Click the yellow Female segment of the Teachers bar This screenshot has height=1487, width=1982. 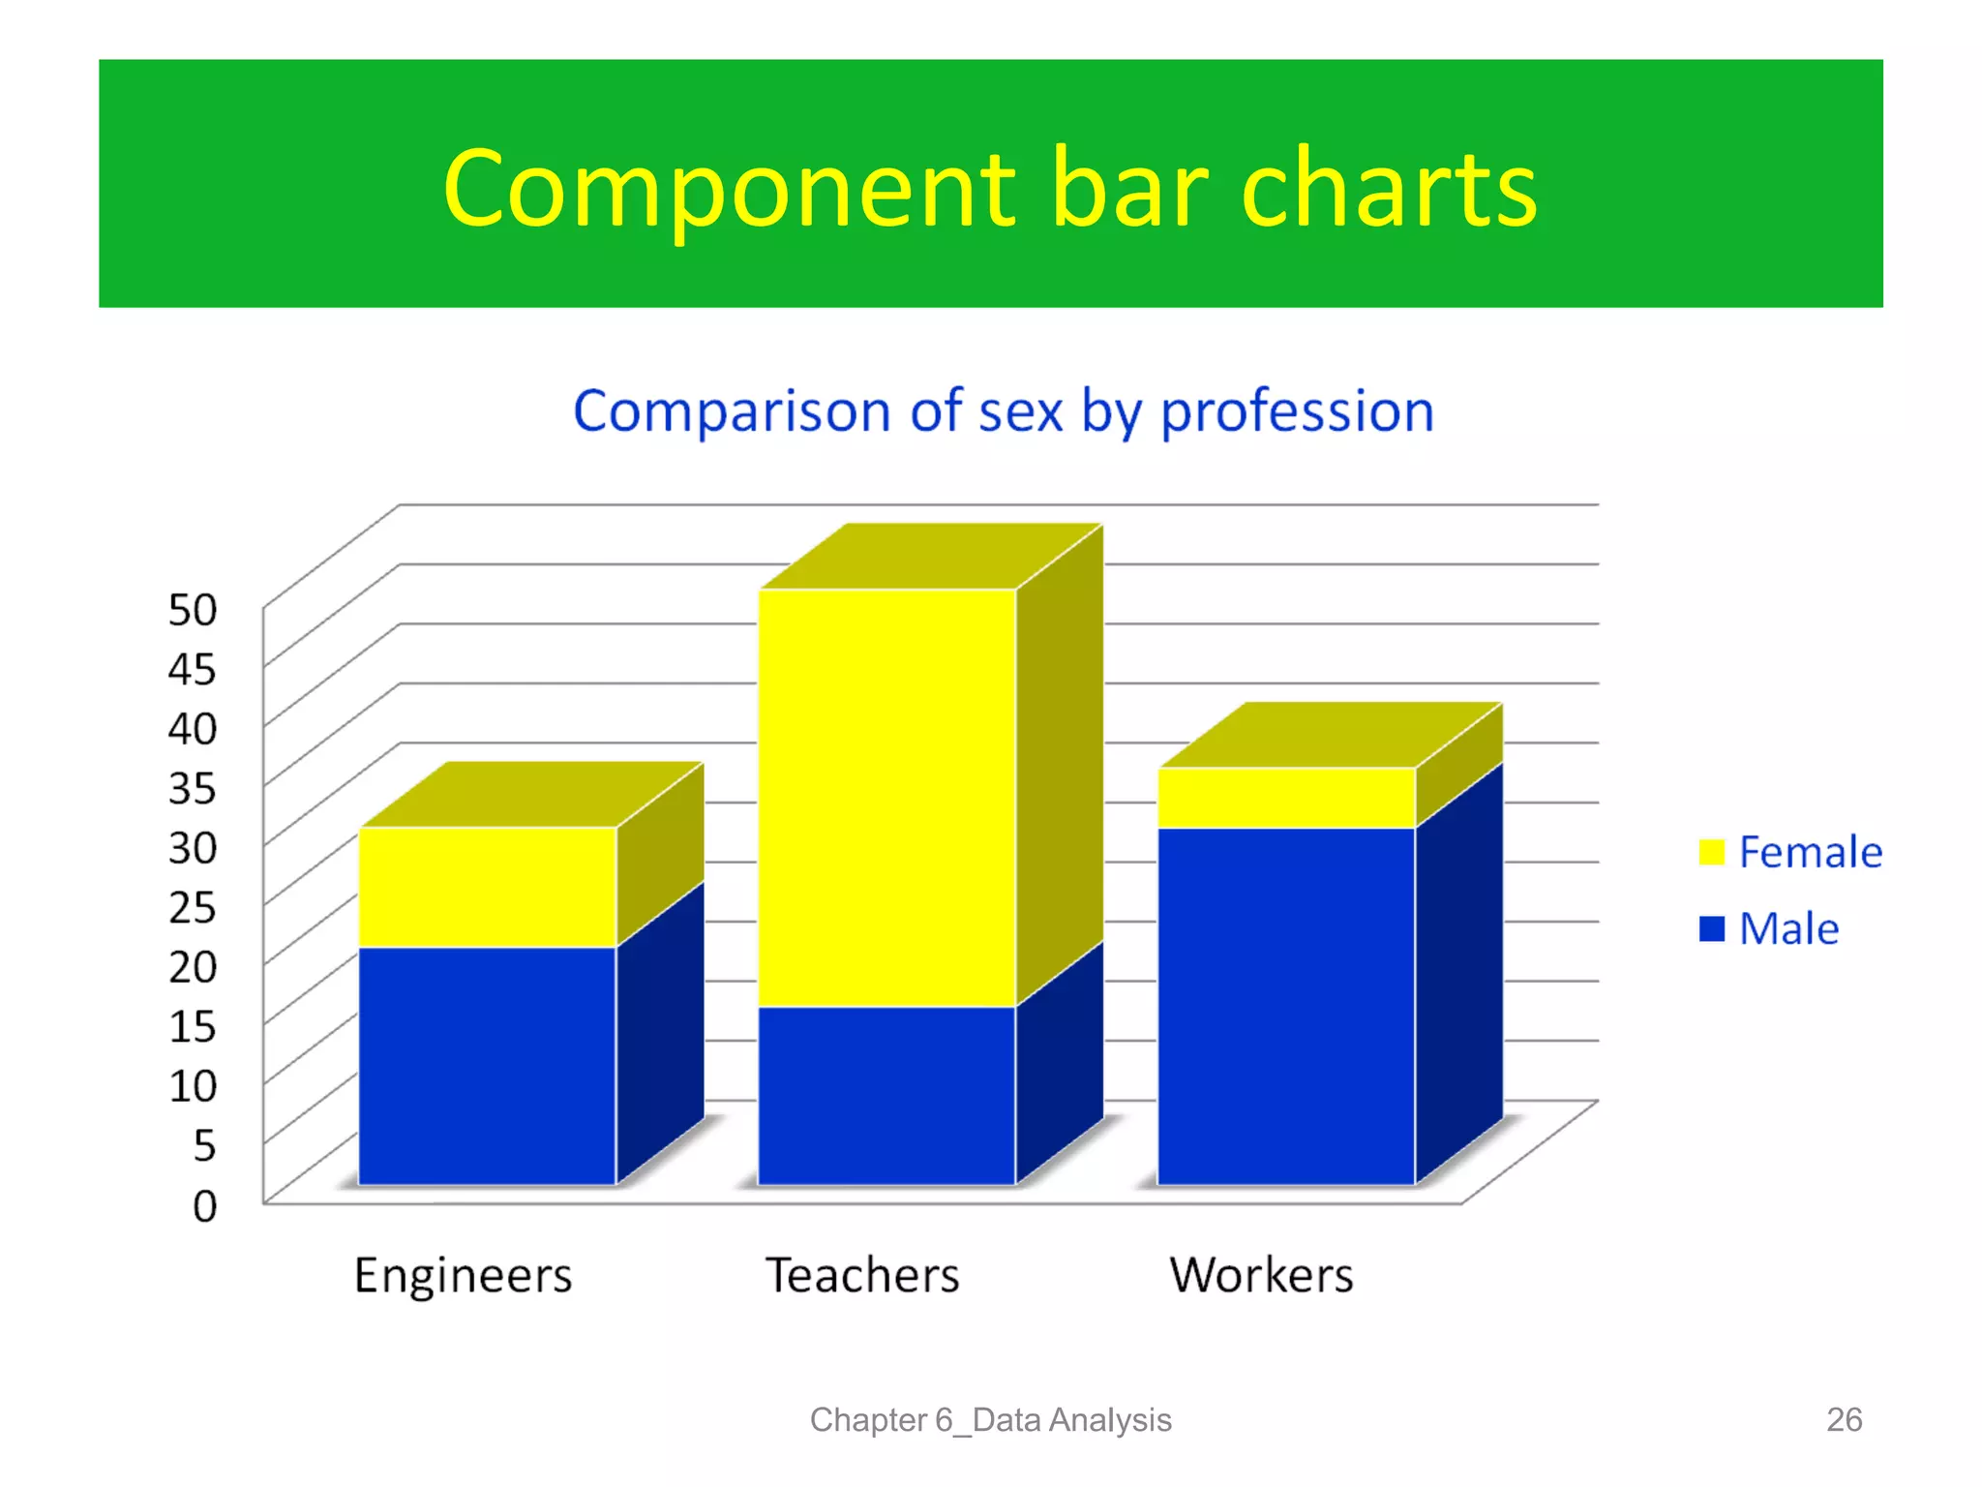point(886,798)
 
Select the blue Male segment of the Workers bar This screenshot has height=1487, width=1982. point(1286,1005)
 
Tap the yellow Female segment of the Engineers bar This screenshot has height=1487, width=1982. point(488,887)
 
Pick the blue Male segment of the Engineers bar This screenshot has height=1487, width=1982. point(488,1065)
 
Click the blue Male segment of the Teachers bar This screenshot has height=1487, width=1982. point(886,1095)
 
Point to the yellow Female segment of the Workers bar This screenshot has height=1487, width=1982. point(1286,798)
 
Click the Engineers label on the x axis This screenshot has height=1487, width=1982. point(463,1275)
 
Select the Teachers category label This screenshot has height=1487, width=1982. point(862,1275)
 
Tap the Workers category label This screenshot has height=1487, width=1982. point(1261,1275)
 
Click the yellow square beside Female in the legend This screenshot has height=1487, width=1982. point(1711,852)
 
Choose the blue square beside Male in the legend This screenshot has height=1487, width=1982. point(1711,928)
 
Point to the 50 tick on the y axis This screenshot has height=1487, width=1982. point(193,610)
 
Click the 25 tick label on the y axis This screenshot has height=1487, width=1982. point(193,908)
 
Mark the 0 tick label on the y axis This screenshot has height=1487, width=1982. point(204,1206)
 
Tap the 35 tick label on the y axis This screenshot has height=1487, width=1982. point(193,788)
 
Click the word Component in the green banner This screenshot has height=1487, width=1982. point(728,190)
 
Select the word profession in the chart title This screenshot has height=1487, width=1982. point(1297,412)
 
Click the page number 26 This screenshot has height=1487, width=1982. point(1844,1419)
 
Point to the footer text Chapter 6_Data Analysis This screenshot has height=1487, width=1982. point(990,1419)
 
